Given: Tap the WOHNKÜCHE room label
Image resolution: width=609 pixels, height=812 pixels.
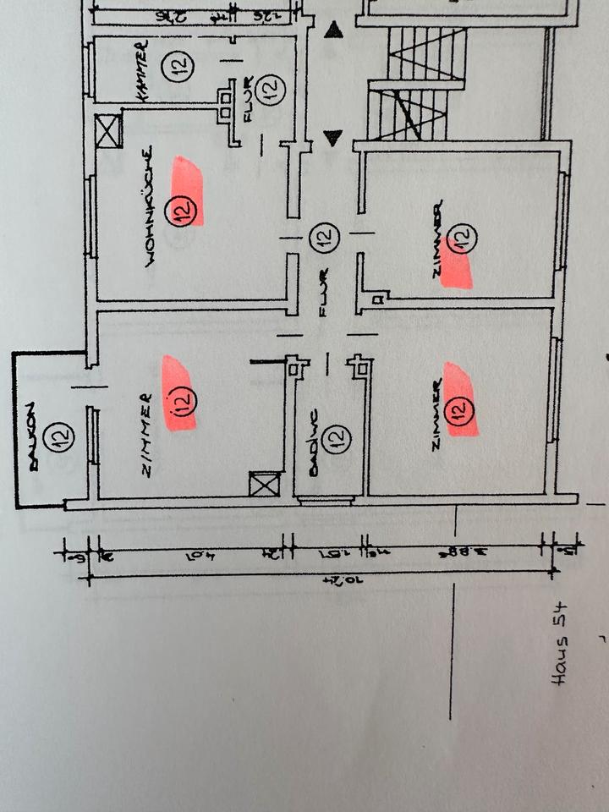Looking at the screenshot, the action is [x=150, y=207].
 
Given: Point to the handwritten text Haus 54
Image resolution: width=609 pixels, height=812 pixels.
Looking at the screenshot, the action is [x=560, y=646].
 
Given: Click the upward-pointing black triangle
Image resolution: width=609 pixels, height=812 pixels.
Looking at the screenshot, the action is [x=335, y=31].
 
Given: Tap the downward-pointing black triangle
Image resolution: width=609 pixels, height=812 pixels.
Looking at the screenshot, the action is [x=333, y=138].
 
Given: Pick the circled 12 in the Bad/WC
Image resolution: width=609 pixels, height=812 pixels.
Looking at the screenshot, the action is [x=338, y=438].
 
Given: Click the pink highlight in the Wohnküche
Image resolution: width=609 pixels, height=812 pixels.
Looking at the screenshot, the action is [x=188, y=191].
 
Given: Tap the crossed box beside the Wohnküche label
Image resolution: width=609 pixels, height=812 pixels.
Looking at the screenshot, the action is [x=108, y=129].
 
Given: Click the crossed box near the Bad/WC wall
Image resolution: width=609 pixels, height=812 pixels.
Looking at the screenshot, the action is [x=263, y=485].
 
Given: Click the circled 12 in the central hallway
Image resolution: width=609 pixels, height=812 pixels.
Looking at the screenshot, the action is [x=322, y=238].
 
